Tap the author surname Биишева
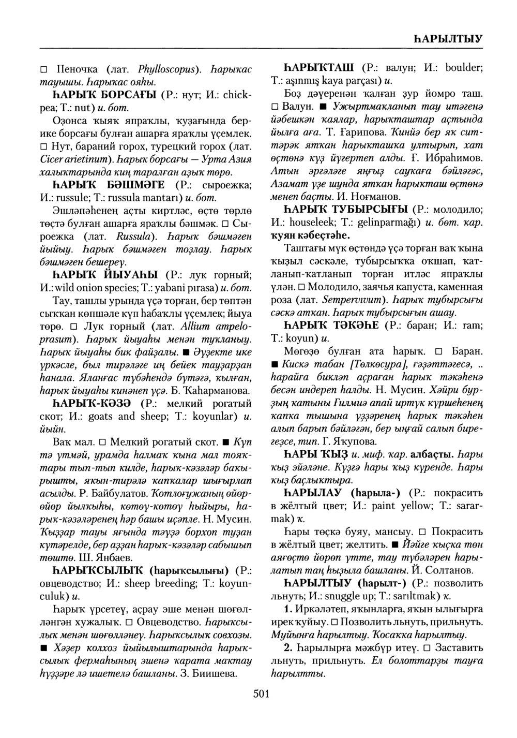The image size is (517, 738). [214, 673]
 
